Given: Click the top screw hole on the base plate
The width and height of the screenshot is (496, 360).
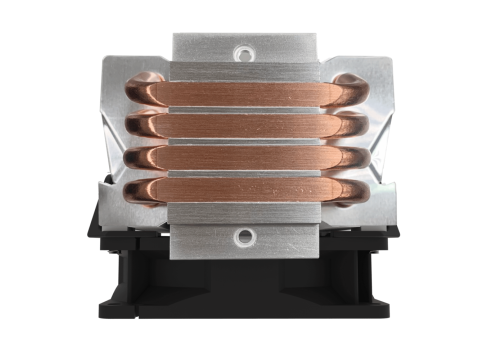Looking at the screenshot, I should coord(243,51).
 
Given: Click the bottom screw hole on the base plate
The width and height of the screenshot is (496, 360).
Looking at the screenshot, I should coord(243,237).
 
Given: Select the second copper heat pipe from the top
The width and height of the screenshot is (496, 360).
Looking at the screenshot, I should coord(243,126).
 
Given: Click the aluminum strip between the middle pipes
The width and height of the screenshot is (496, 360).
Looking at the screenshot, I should coord(243,143).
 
